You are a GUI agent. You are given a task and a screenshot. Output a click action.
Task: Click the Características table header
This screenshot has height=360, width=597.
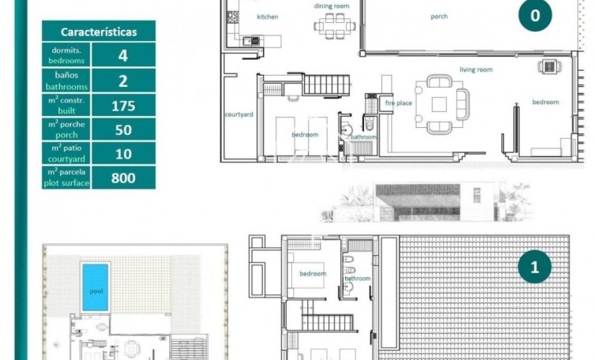pos(99,32)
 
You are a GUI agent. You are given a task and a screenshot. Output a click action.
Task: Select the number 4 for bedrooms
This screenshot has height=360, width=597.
pos(123,55)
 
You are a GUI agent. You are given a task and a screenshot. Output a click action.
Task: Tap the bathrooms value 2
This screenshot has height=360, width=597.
pos(123,80)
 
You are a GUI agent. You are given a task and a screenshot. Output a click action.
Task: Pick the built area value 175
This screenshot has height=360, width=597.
pos(123,106)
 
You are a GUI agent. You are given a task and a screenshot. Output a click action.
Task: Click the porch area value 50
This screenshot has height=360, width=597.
pos(123,129)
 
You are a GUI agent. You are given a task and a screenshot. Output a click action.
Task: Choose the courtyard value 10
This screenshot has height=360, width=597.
pos(123,152)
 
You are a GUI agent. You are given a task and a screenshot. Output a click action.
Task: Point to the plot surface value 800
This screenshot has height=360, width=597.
pos(123,178)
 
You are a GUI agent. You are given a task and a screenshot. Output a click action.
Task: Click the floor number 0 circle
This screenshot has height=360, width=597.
pos(535,15)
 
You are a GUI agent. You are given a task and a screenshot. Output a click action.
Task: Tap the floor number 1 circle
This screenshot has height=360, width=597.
pos(535,268)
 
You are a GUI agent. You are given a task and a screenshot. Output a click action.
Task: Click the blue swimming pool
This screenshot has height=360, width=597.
pos(96,287)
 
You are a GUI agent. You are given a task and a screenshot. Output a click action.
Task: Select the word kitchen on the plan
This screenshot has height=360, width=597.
pos(268,17)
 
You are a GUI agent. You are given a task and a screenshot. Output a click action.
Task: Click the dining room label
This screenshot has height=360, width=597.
pos(332,6)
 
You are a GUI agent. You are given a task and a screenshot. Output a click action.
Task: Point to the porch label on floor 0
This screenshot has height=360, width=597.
pos(439,16)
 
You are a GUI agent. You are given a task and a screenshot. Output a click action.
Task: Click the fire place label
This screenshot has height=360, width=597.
pos(398,103)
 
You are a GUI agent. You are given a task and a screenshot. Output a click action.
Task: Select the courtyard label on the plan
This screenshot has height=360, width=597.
pos(238,114)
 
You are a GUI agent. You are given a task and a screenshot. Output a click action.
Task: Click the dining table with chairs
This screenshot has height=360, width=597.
pos(329,26)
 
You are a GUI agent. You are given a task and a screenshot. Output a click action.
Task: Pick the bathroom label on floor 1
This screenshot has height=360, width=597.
pos(358,278)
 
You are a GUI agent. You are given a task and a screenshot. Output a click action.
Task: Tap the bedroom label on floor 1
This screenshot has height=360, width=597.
pos(313,274)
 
